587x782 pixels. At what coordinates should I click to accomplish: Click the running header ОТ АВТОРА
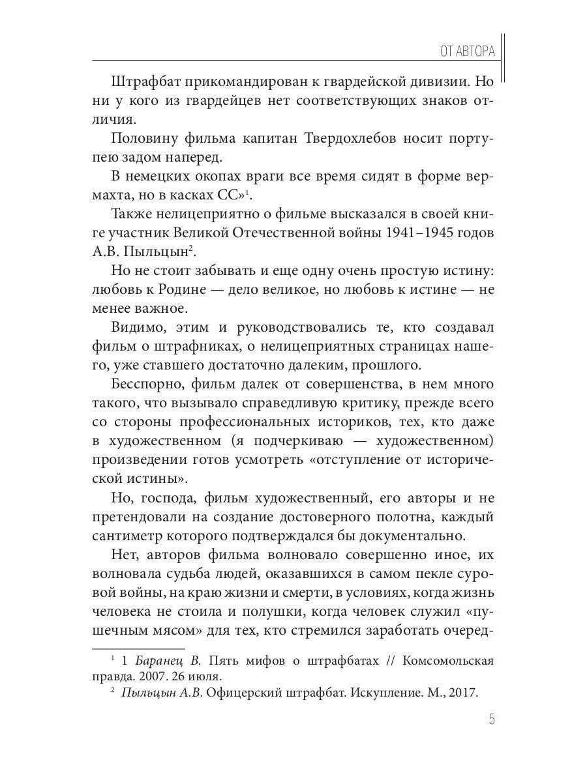click(467, 51)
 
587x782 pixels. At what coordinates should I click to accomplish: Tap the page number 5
click(491, 719)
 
